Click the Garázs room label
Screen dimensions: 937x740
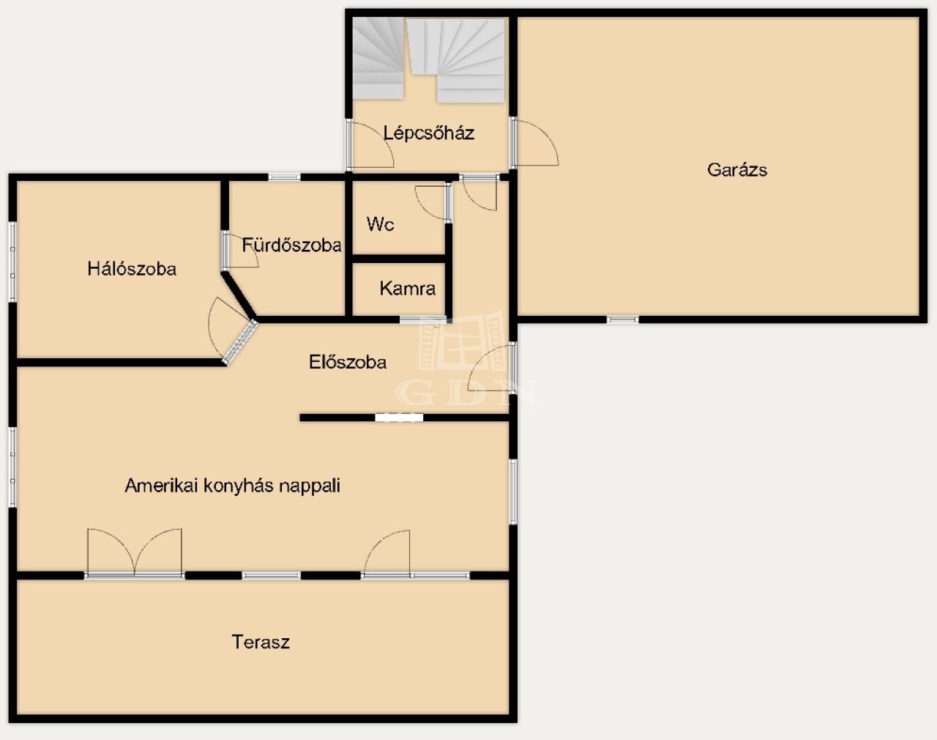(737, 170)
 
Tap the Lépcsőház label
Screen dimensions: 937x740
(428, 133)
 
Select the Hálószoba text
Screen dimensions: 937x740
(132, 269)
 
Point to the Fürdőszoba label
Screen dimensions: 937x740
(291, 245)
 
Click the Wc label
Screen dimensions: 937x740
(380, 224)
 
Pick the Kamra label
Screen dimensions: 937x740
(408, 289)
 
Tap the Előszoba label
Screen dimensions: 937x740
(348, 362)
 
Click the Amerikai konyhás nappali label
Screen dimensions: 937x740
(233, 486)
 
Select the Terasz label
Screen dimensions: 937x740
(261, 642)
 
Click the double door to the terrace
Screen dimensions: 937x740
(135, 553)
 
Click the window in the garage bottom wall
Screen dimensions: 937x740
(623, 320)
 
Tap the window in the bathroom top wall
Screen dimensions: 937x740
(284, 177)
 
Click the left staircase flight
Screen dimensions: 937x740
(377, 58)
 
